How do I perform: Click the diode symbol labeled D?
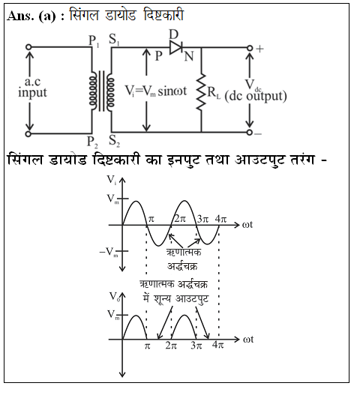(x=176, y=47)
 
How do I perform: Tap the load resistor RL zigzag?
(x=201, y=92)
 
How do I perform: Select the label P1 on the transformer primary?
(x=94, y=41)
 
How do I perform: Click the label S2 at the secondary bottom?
(x=115, y=141)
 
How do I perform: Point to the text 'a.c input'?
(x=32, y=87)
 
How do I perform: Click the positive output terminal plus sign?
(x=259, y=49)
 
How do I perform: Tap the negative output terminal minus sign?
(x=258, y=133)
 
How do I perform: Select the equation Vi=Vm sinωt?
(x=156, y=91)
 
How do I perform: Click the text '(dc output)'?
(x=256, y=97)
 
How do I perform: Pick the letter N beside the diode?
(x=189, y=56)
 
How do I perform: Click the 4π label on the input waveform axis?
(x=220, y=219)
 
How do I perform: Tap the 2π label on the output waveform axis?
(x=171, y=346)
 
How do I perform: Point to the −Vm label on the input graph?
(x=109, y=252)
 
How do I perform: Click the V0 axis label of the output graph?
(x=114, y=297)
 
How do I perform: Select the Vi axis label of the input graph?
(x=112, y=180)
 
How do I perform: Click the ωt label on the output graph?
(x=248, y=340)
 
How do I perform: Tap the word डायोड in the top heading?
(x=120, y=16)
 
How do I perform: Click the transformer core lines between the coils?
(x=101, y=91)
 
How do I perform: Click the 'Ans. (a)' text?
(x=31, y=16)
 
